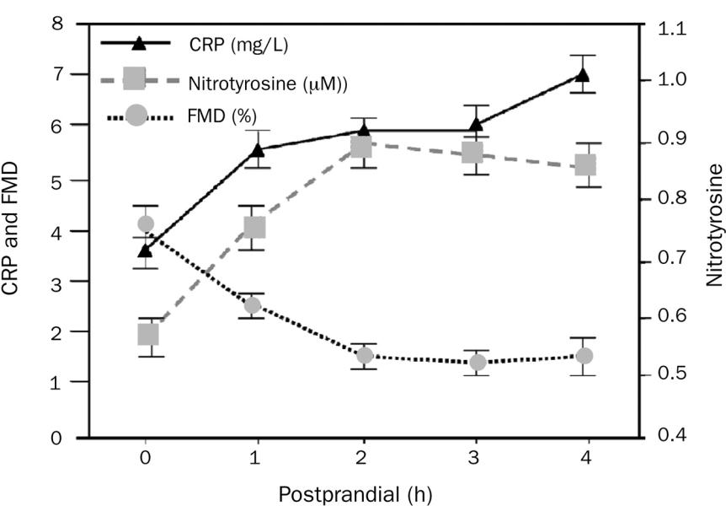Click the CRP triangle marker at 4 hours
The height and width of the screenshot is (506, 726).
click(x=581, y=74)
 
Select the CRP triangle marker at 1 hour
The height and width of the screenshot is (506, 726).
click(x=257, y=150)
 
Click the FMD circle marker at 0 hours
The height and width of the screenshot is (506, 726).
click(x=146, y=223)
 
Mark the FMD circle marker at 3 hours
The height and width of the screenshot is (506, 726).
click(x=478, y=362)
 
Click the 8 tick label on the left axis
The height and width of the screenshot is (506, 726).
click(x=56, y=24)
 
